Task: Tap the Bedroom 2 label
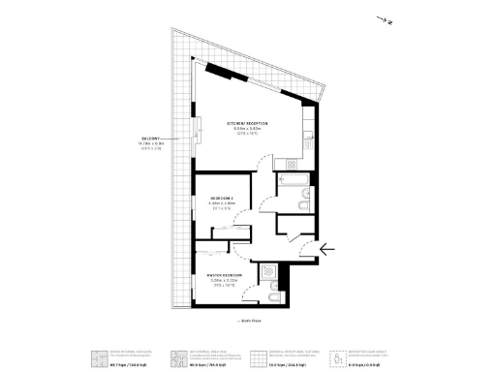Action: coord(223,201)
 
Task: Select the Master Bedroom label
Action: coord(223,278)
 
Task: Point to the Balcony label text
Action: coord(149,143)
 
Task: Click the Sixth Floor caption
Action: coord(250,319)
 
